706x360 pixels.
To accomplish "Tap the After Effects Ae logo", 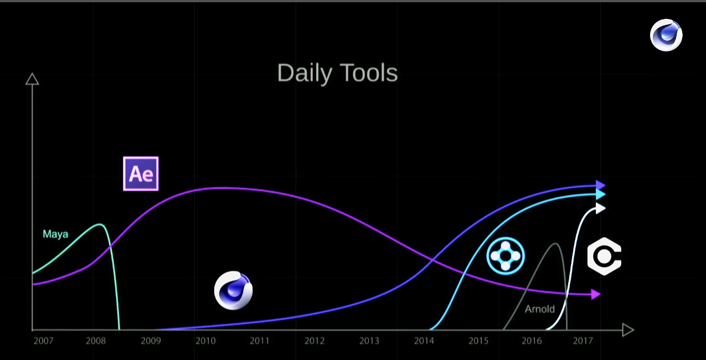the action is click(x=141, y=174).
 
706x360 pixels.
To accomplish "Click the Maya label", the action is click(x=55, y=234).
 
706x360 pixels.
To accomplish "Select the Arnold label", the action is click(x=539, y=309).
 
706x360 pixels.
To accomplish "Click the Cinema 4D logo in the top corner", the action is click(x=666, y=35).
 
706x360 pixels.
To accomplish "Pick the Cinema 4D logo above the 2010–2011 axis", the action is click(x=233, y=290).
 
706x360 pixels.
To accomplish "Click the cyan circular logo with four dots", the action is click(x=506, y=256).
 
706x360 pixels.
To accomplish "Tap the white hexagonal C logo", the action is click(x=604, y=256).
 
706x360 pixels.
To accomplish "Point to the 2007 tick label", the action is click(x=44, y=341).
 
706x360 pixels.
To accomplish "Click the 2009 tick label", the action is click(x=151, y=341).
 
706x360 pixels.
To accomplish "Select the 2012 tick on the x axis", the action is click(x=314, y=341).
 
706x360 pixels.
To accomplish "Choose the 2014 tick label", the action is click(x=424, y=341).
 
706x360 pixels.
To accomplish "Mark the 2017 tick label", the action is click(x=583, y=341).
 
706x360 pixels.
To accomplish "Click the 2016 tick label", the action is click(x=532, y=341).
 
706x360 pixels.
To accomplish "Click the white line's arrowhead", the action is click(x=600, y=208).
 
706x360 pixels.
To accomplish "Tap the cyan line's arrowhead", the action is click(x=600, y=194).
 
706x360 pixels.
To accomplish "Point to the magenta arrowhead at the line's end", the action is click(x=596, y=295).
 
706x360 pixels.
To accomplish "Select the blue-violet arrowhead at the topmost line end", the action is click(x=600, y=185).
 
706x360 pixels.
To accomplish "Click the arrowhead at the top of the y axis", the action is click(x=32, y=79).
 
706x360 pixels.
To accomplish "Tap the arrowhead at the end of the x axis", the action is click(x=628, y=330).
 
